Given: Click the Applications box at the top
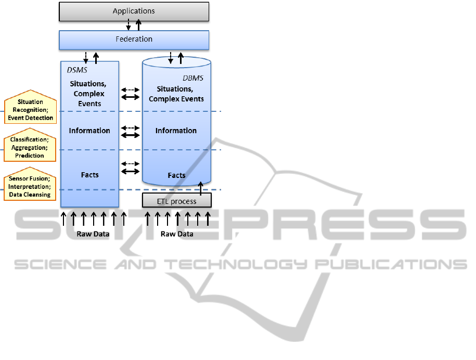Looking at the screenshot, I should [134, 11].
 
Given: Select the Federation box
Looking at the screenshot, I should [134, 39].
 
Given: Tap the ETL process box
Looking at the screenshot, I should [177, 201].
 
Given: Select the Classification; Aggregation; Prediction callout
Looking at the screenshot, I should [30, 147].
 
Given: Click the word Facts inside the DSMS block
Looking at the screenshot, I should [89, 175].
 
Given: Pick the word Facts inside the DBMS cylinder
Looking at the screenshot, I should [176, 175].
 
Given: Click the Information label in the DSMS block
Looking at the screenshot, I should [89, 131].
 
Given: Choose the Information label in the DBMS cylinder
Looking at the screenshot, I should [176, 131].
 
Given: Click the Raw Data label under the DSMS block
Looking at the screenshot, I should [93, 234].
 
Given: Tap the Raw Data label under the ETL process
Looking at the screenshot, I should [177, 234].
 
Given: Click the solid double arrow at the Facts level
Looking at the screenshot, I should [130, 171].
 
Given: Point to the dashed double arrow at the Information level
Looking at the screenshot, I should [130, 127].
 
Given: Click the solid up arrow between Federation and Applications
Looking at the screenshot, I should [138, 24].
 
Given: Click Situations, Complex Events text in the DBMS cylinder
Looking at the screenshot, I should [176, 94].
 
